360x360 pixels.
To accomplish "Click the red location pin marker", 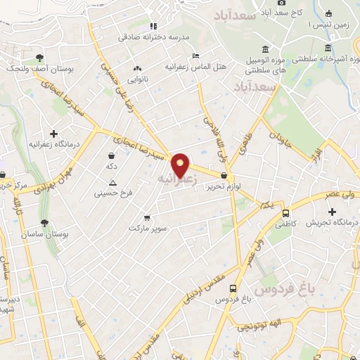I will click(x=181, y=165).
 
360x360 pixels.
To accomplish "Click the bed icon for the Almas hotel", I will click(x=195, y=56).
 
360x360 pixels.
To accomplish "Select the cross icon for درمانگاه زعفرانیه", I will click(x=54, y=133).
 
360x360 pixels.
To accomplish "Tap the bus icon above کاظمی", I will click(x=285, y=213).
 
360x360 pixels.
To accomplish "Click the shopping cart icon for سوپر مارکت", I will click(x=147, y=218).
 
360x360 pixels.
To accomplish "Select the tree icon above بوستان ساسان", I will click(x=45, y=223).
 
